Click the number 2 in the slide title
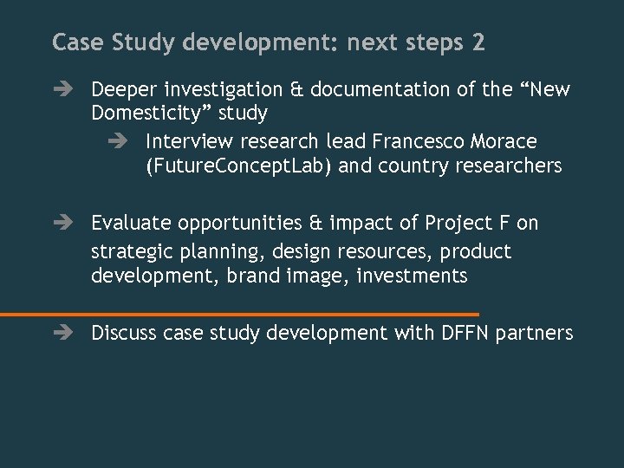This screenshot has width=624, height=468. point(478,42)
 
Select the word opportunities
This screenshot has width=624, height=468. point(241,223)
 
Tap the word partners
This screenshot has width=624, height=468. point(536,333)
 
